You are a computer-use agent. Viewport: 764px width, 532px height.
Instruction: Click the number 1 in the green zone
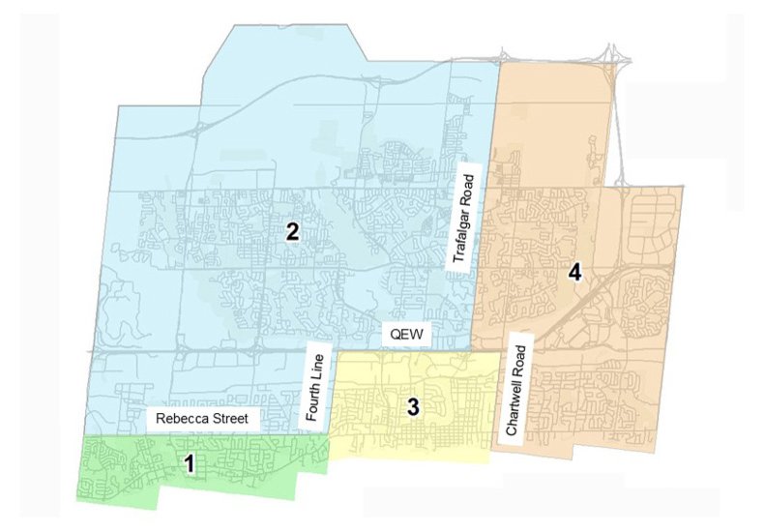point(190,464)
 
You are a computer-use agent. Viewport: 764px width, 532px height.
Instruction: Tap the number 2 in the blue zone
point(291,231)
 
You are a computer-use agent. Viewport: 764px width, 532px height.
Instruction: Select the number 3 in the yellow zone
point(413,406)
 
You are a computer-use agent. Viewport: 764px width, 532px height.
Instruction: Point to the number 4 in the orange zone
point(574,273)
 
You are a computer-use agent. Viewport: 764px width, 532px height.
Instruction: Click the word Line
point(313,363)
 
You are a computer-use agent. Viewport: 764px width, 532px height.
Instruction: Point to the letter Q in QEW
point(394,335)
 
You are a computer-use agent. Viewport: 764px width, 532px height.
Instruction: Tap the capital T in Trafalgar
point(467,264)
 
